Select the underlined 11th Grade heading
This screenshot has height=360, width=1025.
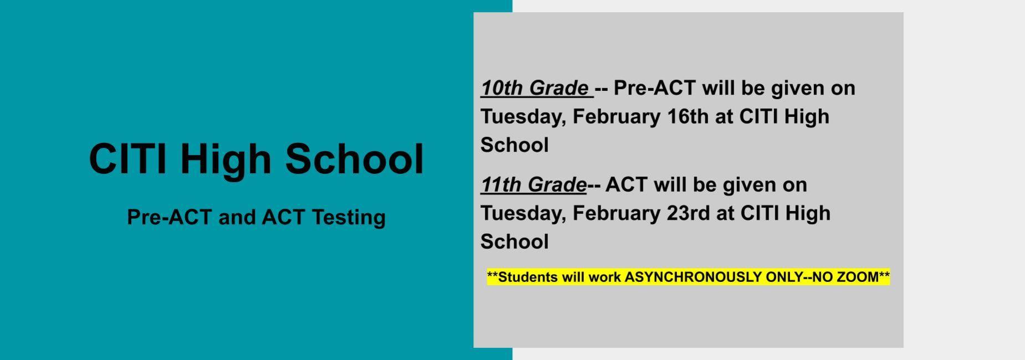(534, 184)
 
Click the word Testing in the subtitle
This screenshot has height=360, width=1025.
(348, 217)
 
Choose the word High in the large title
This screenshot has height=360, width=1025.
(226, 161)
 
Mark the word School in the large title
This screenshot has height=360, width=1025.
(355, 159)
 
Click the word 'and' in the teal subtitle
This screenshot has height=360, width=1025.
(237, 217)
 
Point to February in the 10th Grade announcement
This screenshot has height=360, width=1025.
(617, 116)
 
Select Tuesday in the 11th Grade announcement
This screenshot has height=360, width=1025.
(523, 214)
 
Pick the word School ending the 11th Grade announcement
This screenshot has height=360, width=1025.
(514, 241)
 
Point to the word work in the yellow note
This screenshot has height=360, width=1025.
(605, 277)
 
